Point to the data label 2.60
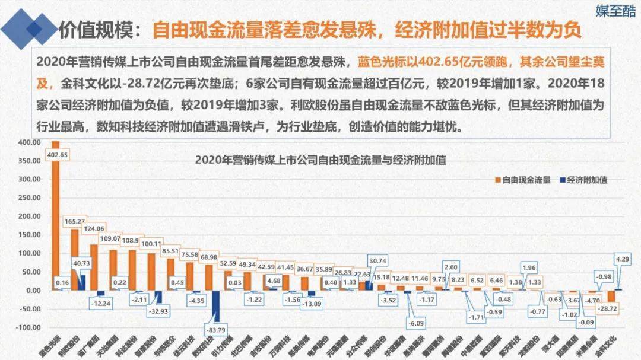click(451, 266)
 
